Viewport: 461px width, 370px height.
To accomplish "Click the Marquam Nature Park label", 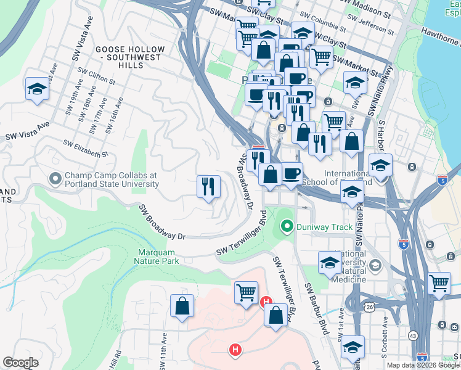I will coord(157,256).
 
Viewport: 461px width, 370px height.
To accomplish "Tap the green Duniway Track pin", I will coord(286,227).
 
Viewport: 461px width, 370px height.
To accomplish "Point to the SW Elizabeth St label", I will coord(86,148).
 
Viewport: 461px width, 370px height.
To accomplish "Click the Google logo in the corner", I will coord(20,363).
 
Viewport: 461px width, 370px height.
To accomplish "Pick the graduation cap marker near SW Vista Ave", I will coord(37,89).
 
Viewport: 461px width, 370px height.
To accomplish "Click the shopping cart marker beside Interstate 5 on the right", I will coord(439,284).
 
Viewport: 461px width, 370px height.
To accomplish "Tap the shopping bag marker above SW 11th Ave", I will coord(182,306).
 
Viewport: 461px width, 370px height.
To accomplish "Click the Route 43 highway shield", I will coord(412,335).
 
